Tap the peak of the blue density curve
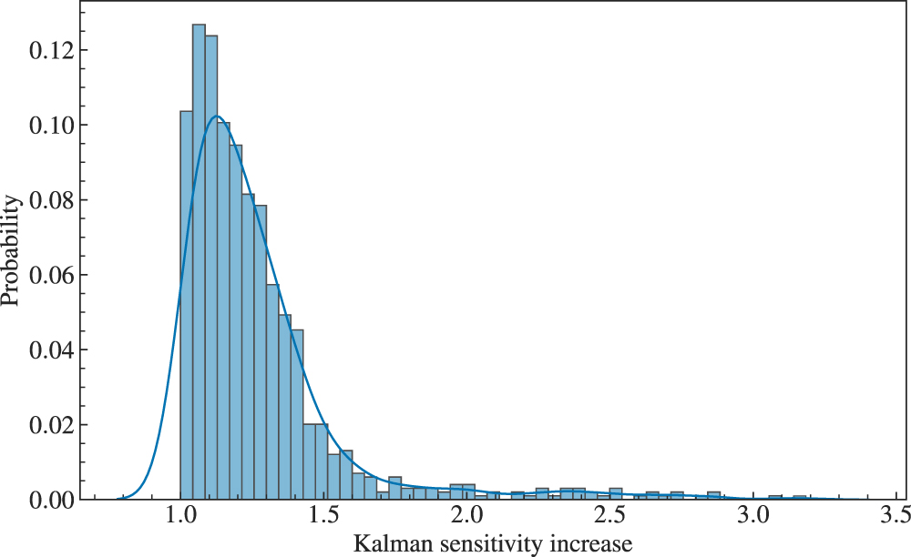pos(216,116)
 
